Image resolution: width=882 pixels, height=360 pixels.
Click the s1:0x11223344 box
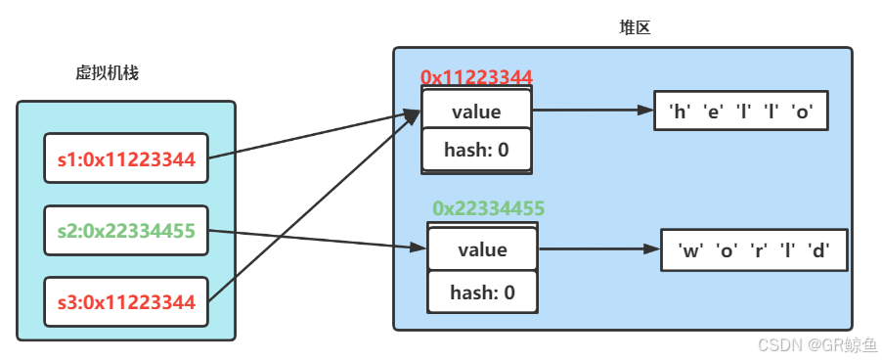tap(126, 157)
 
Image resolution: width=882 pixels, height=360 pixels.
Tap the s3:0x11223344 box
tap(126, 301)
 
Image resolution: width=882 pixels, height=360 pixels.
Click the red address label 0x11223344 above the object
tap(475, 76)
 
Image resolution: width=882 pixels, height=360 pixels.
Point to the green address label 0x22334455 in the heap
tap(488, 207)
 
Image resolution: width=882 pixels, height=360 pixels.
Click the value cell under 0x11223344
tap(476, 111)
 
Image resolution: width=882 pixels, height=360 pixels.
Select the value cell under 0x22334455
tap(482, 248)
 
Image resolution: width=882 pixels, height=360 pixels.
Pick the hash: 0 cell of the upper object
tap(476, 150)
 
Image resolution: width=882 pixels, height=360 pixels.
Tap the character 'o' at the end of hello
tap(804, 111)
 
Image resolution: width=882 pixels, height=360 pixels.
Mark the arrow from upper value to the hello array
tap(592, 111)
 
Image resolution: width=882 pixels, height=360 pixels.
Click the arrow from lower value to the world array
tap(598, 249)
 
